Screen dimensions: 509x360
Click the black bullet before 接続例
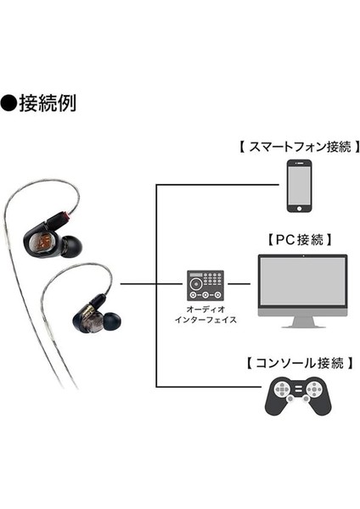coord(12,104)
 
